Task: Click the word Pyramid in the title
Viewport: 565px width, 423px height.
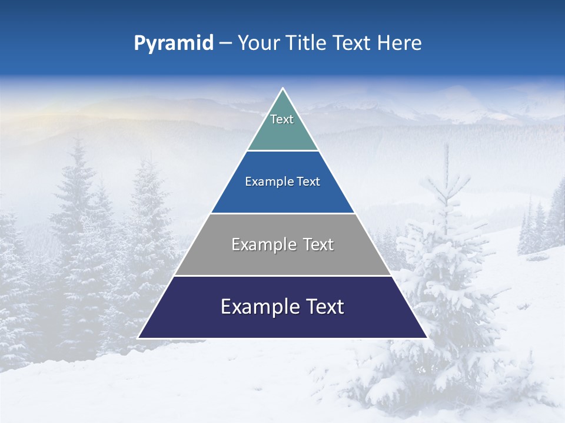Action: click(x=173, y=43)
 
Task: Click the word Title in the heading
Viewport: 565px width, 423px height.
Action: click(x=305, y=43)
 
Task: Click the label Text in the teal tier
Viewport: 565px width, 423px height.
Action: click(x=282, y=119)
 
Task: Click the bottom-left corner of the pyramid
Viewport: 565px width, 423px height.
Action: click(x=139, y=337)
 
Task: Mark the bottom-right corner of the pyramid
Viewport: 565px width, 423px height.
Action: click(x=426, y=337)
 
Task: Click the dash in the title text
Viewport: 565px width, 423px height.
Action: click(x=225, y=43)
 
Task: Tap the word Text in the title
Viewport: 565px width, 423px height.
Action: click(x=351, y=43)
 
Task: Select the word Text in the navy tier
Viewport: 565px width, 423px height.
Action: click(x=323, y=307)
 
